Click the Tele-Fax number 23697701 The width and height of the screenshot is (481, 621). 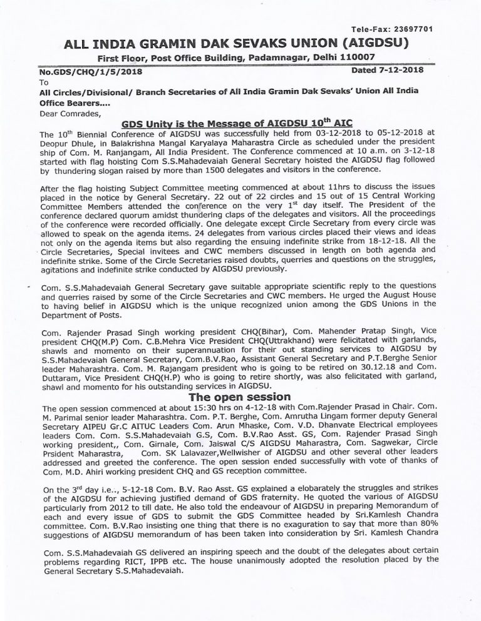[x=409, y=29]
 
